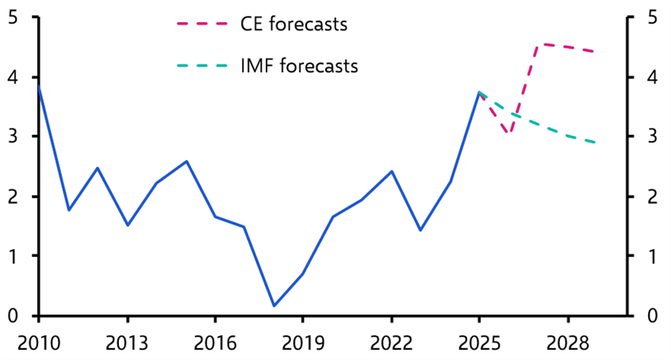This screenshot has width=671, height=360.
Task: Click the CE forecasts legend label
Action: (x=294, y=25)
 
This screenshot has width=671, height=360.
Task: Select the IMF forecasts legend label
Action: (x=299, y=66)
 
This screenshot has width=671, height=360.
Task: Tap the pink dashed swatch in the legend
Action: (x=201, y=25)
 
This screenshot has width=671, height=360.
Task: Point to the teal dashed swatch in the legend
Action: (x=201, y=66)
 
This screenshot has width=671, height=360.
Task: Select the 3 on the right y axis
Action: (x=651, y=137)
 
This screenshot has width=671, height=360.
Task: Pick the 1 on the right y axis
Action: (x=651, y=256)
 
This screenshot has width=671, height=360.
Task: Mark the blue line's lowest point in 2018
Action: (x=274, y=305)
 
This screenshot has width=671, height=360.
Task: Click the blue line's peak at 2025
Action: (x=479, y=93)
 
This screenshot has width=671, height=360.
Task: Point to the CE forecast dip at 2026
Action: (x=508, y=133)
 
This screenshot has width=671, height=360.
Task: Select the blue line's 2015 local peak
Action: (x=186, y=162)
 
